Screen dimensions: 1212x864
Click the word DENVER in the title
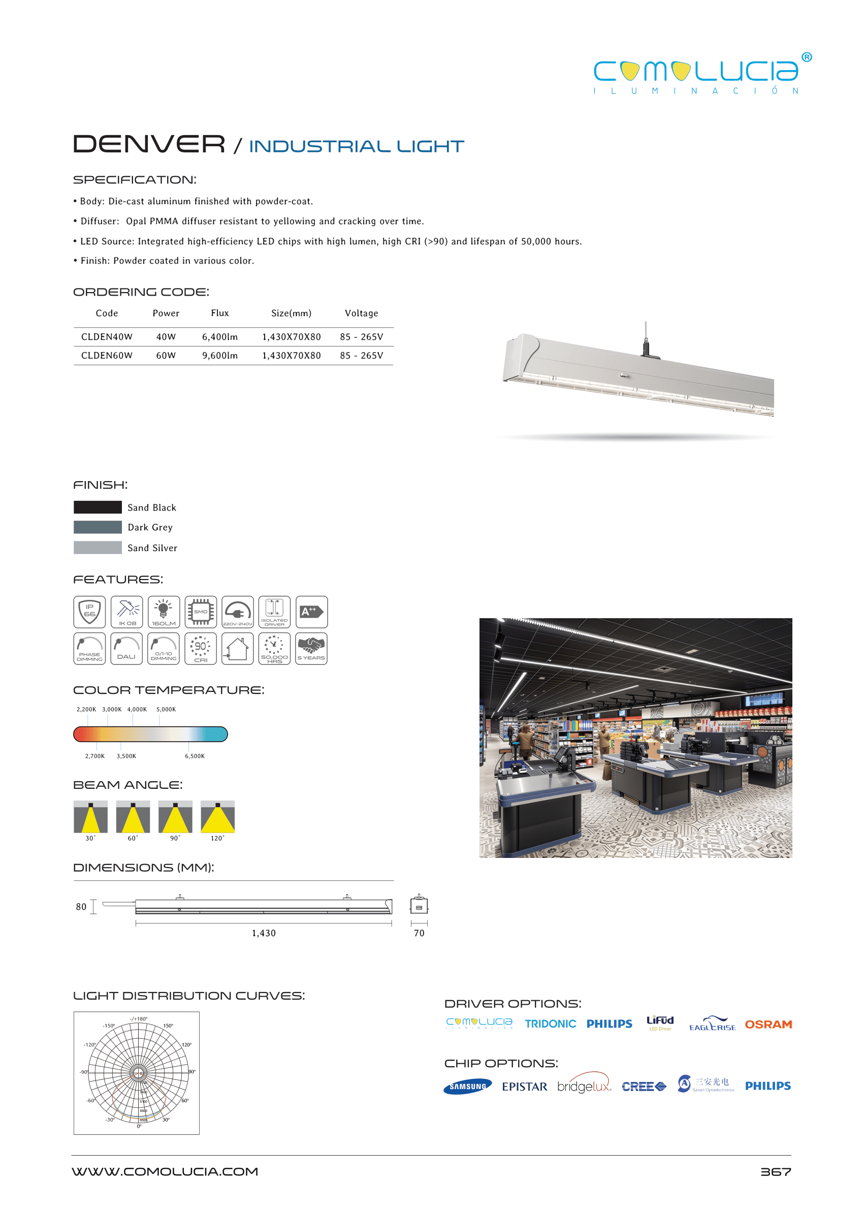pyautogui.click(x=149, y=144)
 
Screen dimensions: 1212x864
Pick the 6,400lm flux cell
pyautogui.click(x=220, y=337)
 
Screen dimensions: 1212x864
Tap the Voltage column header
pyautogui.click(x=361, y=313)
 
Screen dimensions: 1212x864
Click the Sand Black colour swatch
pyautogui.click(x=98, y=507)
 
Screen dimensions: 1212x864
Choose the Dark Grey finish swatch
pyautogui.click(x=98, y=527)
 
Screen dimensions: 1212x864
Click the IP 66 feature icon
pyautogui.click(x=89, y=612)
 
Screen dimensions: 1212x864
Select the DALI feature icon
pyautogui.click(x=126, y=649)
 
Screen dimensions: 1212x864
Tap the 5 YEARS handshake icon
pyautogui.click(x=311, y=649)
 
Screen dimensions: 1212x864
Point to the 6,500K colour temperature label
pyautogui.click(x=195, y=756)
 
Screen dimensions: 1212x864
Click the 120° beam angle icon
pyautogui.click(x=217, y=817)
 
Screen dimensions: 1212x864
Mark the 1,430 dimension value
pyautogui.click(x=264, y=933)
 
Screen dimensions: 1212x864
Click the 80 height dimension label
pyautogui.click(x=81, y=907)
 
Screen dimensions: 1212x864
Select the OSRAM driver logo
pyautogui.click(x=768, y=1024)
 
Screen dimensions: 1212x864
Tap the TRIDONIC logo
pyautogui.click(x=550, y=1024)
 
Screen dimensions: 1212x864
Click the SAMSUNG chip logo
pyautogui.click(x=468, y=1087)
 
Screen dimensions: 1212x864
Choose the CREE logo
pyautogui.click(x=644, y=1087)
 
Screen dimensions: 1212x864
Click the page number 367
pyautogui.click(x=775, y=1171)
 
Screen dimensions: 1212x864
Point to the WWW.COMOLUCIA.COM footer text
pyautogui.click(x=165, y=1171)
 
